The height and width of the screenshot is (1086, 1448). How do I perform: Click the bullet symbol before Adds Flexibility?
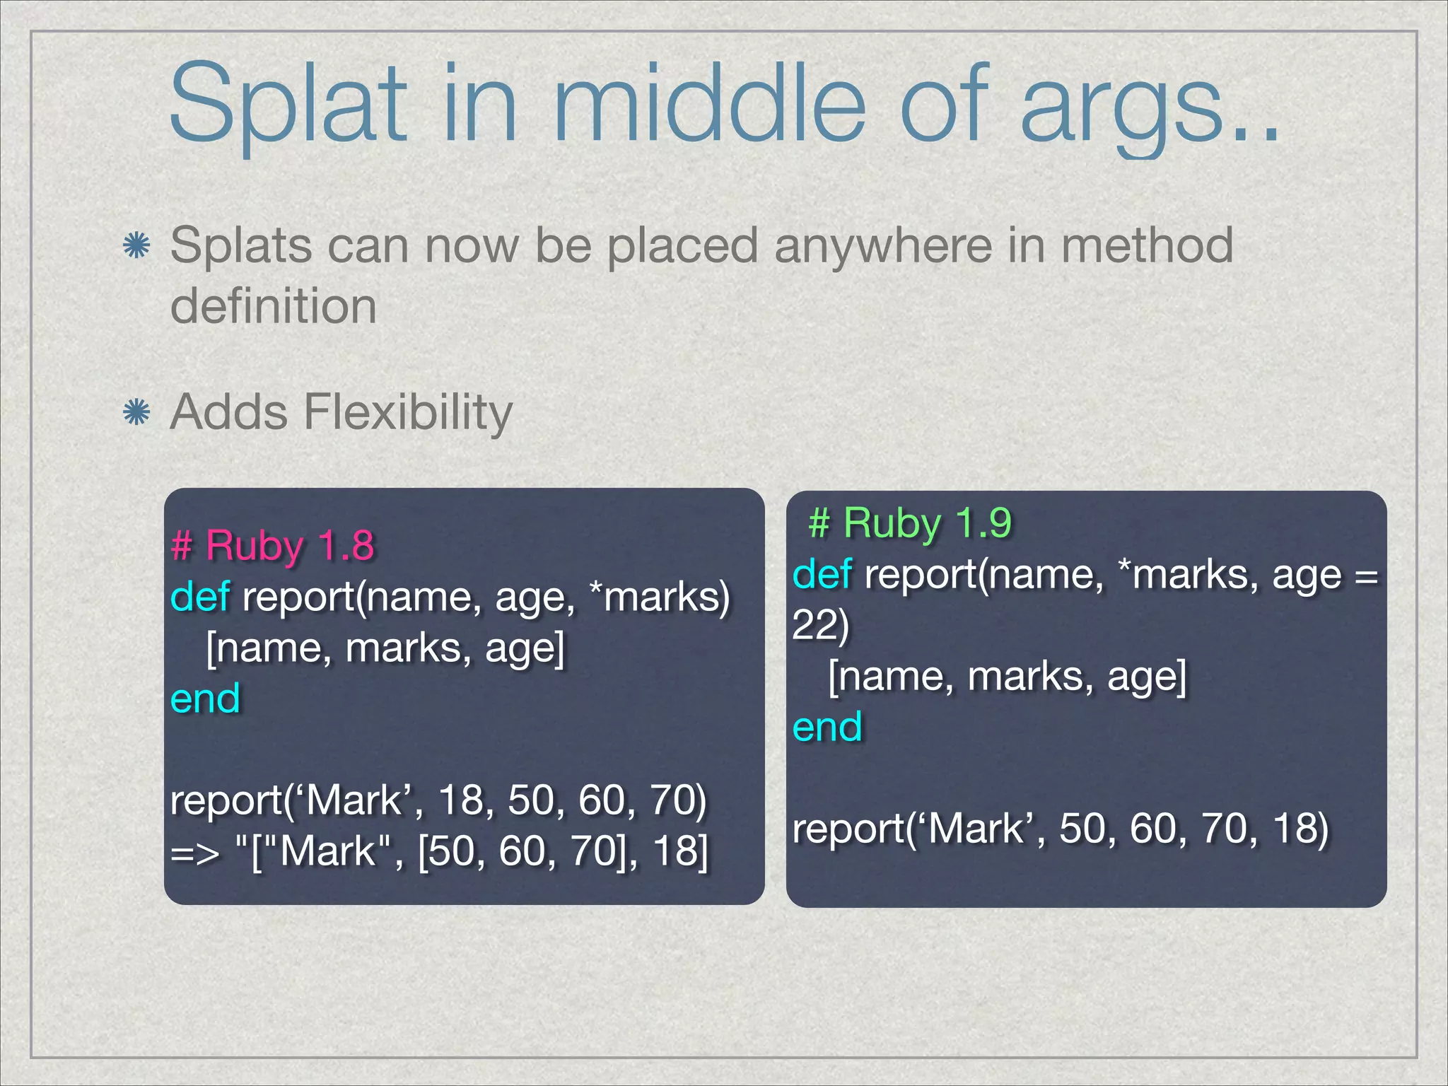pos(136,412)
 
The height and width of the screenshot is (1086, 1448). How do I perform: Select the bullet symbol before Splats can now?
pos(136,246)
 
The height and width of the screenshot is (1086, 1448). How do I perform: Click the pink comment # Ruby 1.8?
pos(272,546)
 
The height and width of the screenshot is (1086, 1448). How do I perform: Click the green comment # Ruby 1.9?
pos(910,523)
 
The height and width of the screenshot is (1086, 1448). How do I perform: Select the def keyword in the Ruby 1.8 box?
pos(199,597)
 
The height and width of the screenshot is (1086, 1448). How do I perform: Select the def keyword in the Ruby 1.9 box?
pos(822,574)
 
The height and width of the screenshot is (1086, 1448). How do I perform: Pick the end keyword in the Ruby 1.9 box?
pos(827,727)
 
